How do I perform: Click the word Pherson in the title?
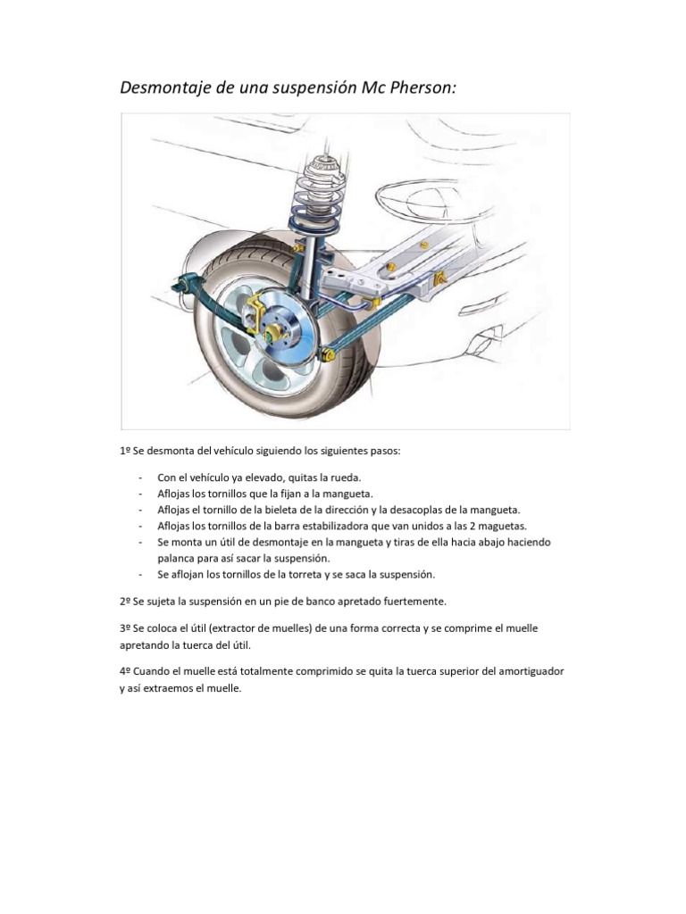420,88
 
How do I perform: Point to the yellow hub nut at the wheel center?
270,335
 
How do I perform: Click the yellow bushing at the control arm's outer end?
328,353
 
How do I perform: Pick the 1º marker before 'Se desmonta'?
125,451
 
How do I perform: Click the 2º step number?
125,601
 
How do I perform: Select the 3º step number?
125,628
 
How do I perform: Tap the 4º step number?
125,671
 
